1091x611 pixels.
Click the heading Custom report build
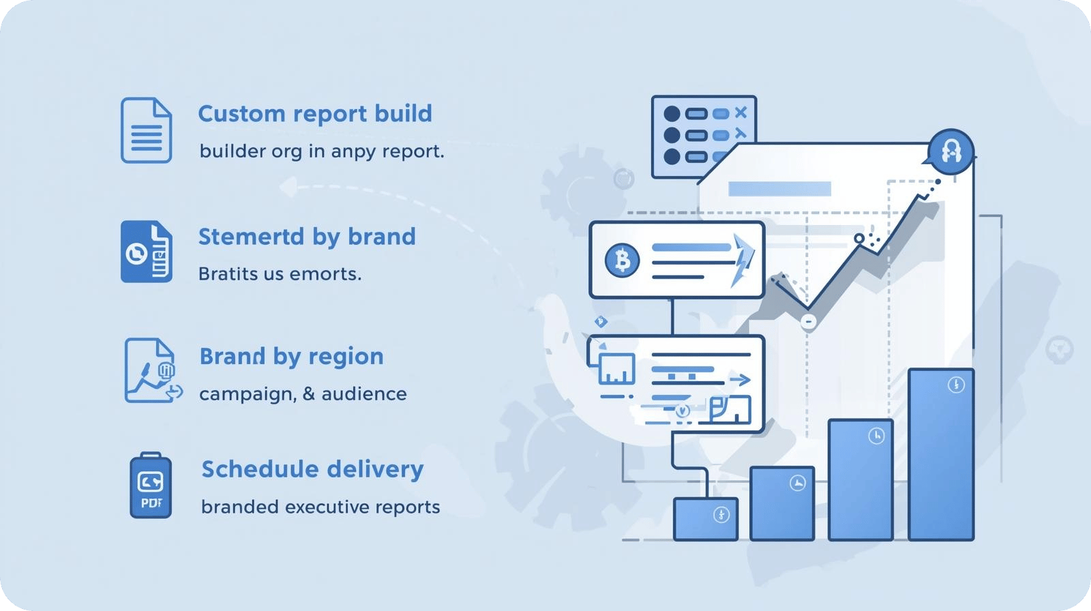point(314,113)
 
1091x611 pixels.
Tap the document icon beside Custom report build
point(146,130)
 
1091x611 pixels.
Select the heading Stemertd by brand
point(307,237)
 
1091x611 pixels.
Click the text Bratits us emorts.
point(280,274)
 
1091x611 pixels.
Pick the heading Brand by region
point(291,356)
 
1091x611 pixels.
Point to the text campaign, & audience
point(303,394)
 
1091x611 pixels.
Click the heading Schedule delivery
point(312,469)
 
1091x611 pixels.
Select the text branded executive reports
point(320,507)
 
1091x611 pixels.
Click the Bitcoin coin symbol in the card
point(622,260)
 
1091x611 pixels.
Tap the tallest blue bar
point(941,454)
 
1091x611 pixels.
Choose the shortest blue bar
point(705,519)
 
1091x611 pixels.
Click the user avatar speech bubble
point(951,149)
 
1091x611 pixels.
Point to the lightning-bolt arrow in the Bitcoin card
point(743,260)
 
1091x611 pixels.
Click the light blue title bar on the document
point(779,189)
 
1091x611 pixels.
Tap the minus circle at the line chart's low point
point(808,321)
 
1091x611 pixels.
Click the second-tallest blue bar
point(860,479)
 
